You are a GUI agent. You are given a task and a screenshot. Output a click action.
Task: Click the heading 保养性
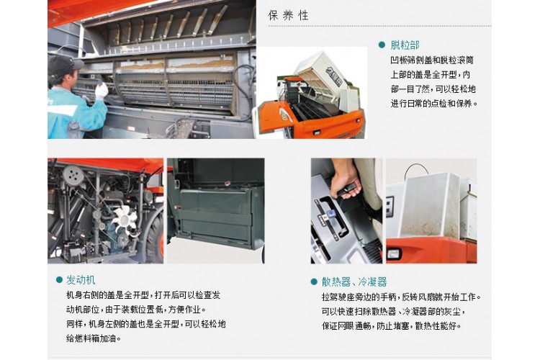click(x=288, y=16)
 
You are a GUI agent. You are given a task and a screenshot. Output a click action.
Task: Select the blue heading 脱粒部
click(x=405, y=45)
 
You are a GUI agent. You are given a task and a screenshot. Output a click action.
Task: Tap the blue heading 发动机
click(x=81, y=280)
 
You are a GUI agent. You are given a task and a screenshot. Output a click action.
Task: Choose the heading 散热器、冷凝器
click(x=354, y=282)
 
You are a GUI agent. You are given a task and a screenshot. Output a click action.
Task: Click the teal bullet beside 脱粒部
click(x=382, y=45)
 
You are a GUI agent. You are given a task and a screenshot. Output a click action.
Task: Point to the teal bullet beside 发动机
click(x=59, y=280)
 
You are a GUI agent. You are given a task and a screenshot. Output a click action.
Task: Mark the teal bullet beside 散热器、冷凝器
click(x=314, y=282)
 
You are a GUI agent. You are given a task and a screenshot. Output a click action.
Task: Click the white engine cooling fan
click(x=125, y=220)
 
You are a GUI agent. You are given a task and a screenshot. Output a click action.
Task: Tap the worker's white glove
click(x=102, y=90)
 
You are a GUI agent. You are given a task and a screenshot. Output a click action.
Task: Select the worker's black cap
click(x=63, y=66)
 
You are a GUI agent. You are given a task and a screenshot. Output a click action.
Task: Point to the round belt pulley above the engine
click(x=73, y=176)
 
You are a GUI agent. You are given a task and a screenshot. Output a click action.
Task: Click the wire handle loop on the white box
click(x=417, y=169)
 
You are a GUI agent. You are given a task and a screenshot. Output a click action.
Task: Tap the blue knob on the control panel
click(x=331, y=214)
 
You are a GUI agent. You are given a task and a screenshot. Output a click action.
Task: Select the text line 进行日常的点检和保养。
click(x=434, y=104)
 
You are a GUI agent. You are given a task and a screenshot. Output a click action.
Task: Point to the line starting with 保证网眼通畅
click(x=391, y=326)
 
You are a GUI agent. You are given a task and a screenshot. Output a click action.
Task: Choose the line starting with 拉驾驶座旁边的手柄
click(x=401, y=297)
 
